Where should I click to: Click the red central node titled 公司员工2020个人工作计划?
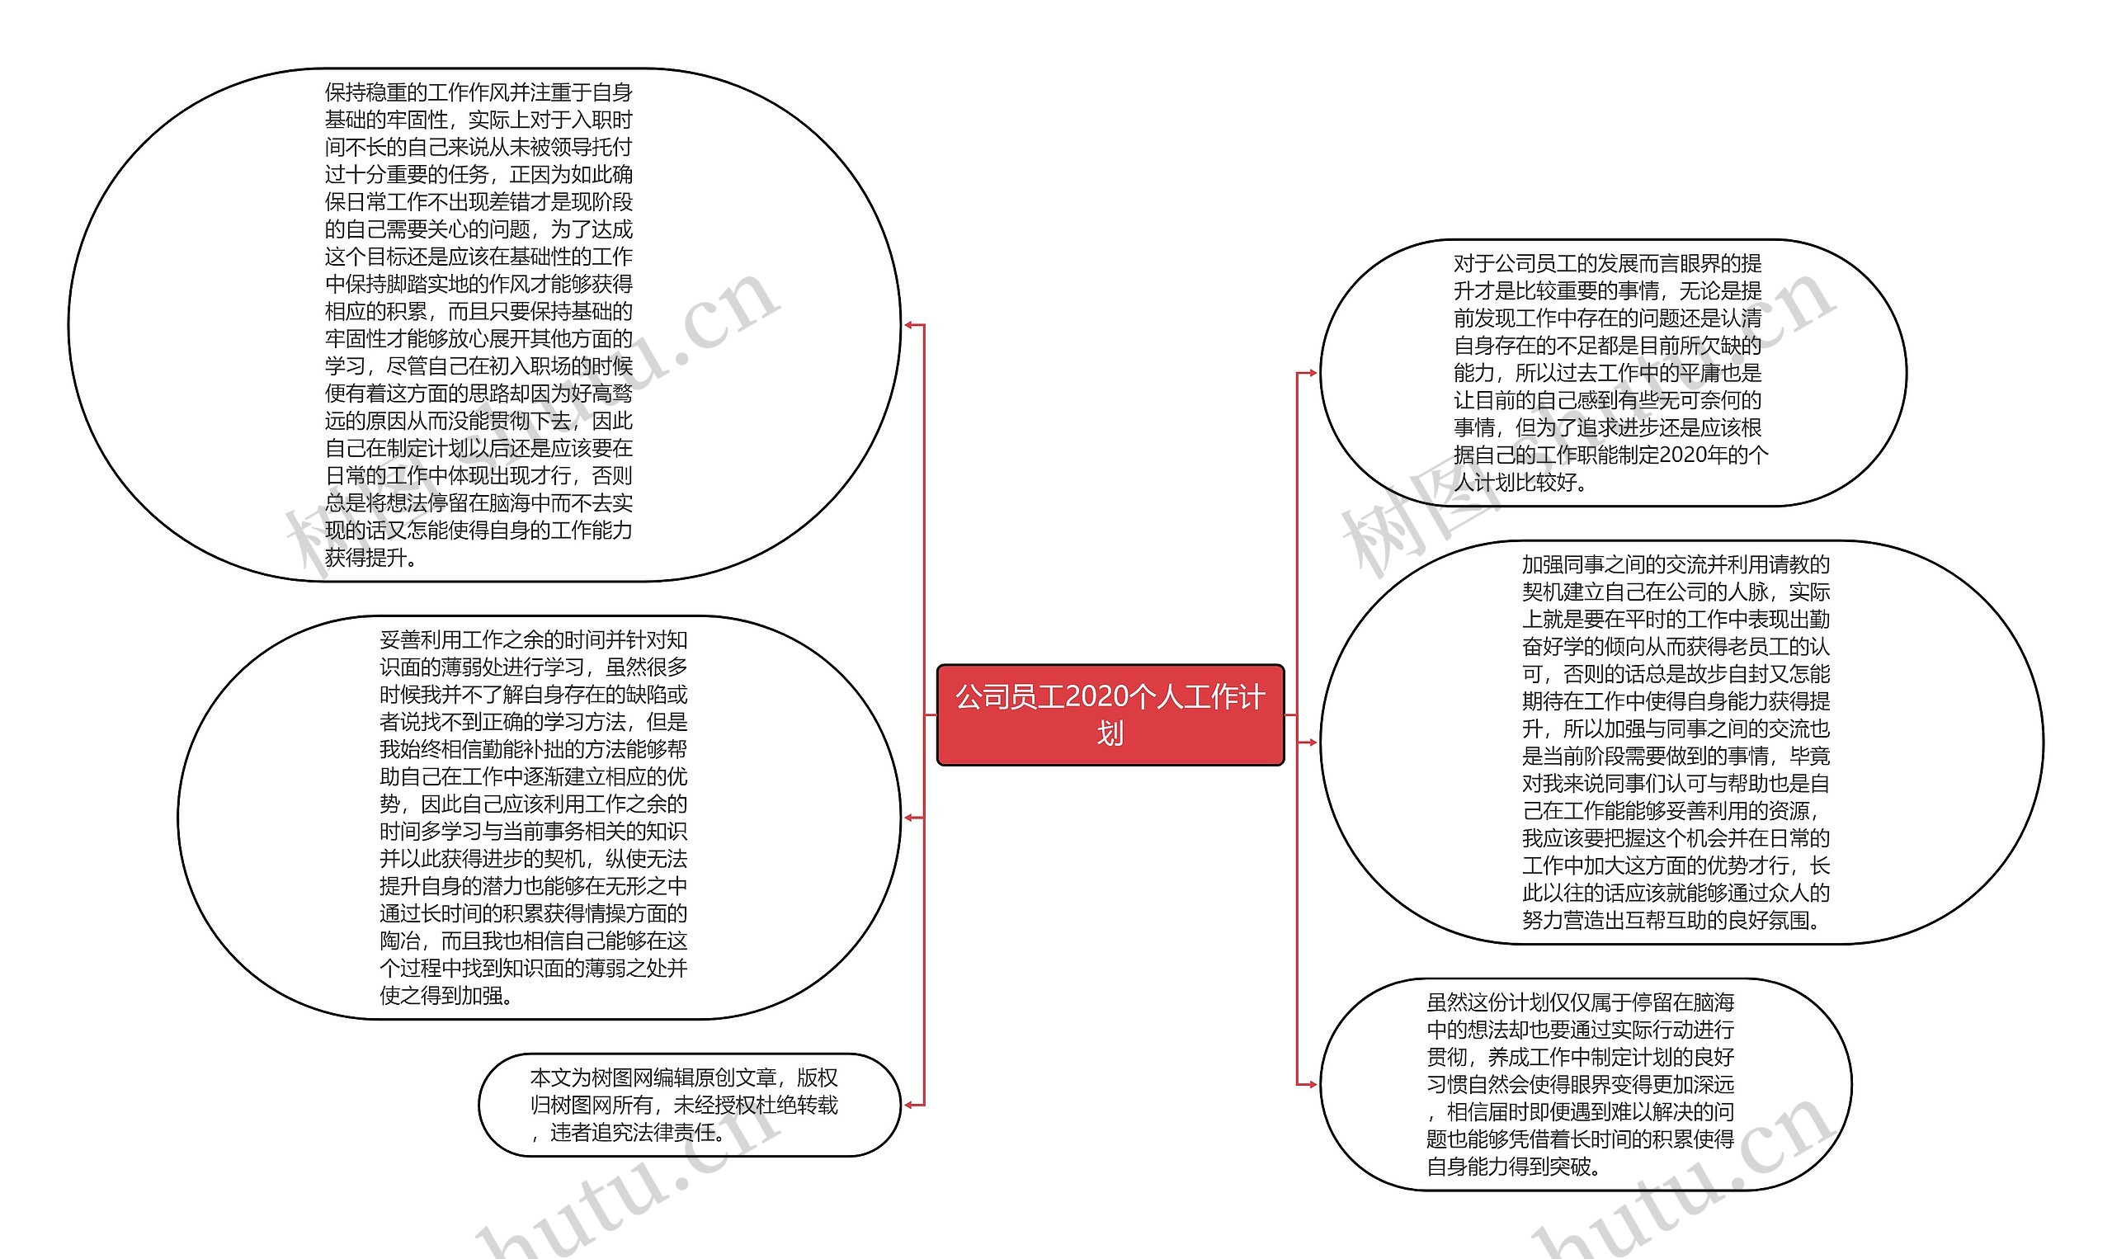point(1110,714)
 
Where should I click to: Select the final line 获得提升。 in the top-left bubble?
point(370,558)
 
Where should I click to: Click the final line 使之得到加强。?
point(446,995)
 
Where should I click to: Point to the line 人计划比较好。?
point(1520,483)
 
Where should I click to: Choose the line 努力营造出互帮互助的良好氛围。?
point(1671,920)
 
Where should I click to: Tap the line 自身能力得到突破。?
point(1513,1166)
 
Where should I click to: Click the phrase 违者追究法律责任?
point(636,1133)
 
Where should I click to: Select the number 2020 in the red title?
point(1094,696)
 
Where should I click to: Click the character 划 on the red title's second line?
point(1110,733)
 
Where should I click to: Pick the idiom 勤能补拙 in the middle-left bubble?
point(521,749)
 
